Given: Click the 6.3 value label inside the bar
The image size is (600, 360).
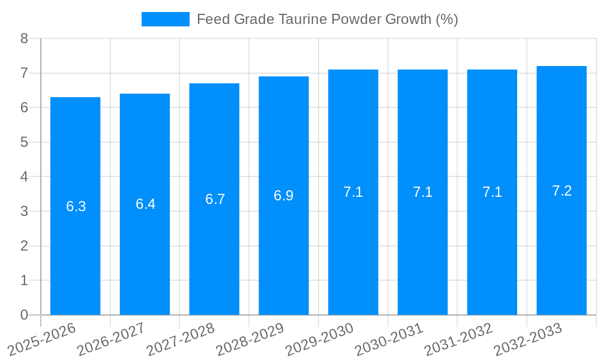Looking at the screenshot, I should pyautogui.click(x=76, y=206).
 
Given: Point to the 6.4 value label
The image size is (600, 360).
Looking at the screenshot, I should pyautogui.click(x=145, y=204).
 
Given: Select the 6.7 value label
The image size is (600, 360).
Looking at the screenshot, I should pyautogui.click(x=215, y=199).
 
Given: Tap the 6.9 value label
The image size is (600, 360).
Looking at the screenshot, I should pyautogui.click(x=284, y=196).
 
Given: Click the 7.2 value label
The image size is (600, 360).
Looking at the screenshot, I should pyautogui.click(x=562, y=191).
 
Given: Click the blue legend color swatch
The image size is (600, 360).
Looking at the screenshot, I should pyautogui.click(x=165, y=19).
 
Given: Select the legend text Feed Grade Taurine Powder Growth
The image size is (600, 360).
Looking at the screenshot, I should pyautogui.click(x=327, y=19).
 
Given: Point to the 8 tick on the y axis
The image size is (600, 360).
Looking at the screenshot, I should pyautogui.click(x=24, y=38).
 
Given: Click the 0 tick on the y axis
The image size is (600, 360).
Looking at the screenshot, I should pyautogui.click(x=24, y=315).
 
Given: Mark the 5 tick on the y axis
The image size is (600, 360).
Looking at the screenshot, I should pyautogui.click(x=24, y=142).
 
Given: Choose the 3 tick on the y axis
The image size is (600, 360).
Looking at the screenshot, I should pyautogui.click(x=24, y=211).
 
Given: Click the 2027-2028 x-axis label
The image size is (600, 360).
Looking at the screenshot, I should pyautogui.click(x=181, y=339).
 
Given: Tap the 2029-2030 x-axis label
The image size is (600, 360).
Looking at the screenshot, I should pyautogui.click(x=319, y=339).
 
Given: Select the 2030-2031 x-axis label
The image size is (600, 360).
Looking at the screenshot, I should pyautogui.click(x=389, y=339).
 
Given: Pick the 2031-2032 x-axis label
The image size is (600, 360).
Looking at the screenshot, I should pyautogui.click(x=458, y=339).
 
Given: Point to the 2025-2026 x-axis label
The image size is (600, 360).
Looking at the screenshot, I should pyautogui.click(x=41, y=339).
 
